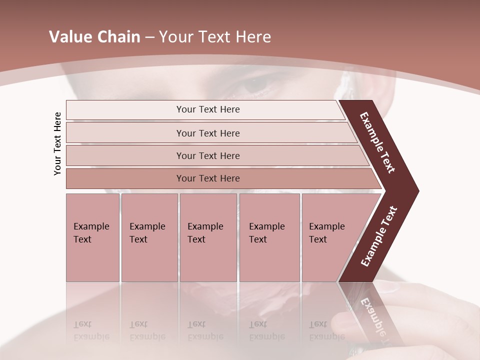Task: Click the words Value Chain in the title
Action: pos(94,37)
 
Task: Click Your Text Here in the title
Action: pos(215,37)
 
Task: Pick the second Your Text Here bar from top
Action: pos(208,133)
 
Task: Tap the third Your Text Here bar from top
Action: pos(208,155)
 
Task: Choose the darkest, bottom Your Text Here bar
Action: pos(208,178)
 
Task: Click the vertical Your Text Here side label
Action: pos(57,144)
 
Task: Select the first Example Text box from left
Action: pos(92,237)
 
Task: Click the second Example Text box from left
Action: pos(149,237)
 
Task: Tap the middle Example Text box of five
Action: pos(208,237)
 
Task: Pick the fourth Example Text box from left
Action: pos(269,237)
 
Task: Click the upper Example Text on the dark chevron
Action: pos(377,143)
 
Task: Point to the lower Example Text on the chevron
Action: pos(378,236)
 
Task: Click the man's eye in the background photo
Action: pos(255,85)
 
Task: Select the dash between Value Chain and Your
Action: pos(149,37)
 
